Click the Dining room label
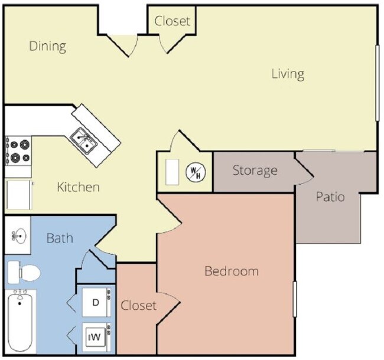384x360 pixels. point(47,46)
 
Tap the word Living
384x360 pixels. point(288,74)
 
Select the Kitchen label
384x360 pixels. point(78,188)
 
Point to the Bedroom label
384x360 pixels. point(231,271)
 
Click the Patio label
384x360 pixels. point(330,197)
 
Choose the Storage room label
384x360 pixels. point(255,171)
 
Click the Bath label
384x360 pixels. point(60,238)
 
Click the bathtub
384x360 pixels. point(21,322)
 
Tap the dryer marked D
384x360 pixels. point(95,302)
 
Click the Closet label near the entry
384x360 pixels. point(173,21)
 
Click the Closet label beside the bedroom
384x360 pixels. point(139,305)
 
